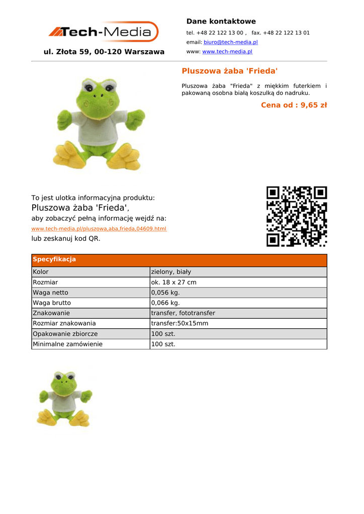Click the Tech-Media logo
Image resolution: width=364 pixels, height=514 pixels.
[104, 32]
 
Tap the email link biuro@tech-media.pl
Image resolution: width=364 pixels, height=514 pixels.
[230, 42]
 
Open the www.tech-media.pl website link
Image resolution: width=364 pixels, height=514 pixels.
[227, 52]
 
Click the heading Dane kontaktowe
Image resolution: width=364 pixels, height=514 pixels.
[221, 21]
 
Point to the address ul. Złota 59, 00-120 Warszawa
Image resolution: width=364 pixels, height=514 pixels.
[104, 52]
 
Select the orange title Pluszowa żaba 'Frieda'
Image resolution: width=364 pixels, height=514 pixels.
[229, 71]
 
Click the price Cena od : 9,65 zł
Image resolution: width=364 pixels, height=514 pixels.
[294, 105]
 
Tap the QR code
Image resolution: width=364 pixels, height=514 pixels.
[297, 216]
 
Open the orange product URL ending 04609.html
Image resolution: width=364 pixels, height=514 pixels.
[99, 229]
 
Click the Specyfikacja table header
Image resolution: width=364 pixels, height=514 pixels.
[54, 260]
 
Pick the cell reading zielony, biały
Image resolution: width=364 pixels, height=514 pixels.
[171, 272]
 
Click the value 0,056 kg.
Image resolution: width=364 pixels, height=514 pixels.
[165, 293]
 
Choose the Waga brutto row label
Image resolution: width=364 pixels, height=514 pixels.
[52, 303]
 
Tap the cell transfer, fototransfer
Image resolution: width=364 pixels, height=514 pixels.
[183, 313]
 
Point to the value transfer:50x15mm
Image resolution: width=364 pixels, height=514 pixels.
[179, 324]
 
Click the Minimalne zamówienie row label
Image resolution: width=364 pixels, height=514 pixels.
[67, 344]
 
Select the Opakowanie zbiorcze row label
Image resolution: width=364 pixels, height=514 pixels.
[65, 334]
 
